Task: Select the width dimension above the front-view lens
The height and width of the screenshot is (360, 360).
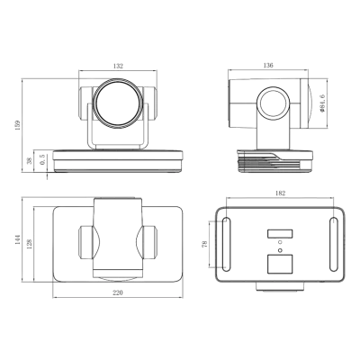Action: coord(117,63)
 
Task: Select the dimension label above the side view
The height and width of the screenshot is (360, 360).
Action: coord(267,63)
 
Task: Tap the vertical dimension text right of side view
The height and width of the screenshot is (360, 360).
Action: coord(321,103)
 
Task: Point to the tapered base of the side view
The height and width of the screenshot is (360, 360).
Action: coord(274,159)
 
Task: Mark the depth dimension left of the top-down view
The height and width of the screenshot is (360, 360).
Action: coord(18,238)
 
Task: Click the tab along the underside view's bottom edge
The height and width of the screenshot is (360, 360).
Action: coord(279,285)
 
